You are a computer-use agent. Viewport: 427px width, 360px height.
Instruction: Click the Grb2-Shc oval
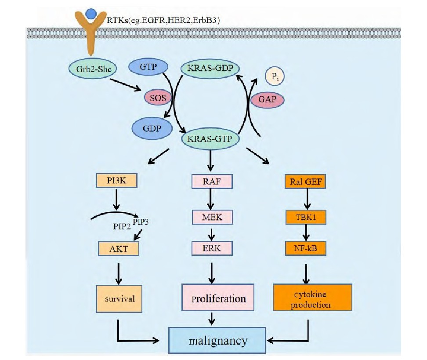(x=93, y=69)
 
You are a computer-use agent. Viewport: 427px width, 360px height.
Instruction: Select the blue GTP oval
(x=148, y=67)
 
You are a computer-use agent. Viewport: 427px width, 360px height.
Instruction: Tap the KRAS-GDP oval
(x=210, y=68)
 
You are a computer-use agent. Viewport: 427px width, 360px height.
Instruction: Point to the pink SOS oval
(x=158, y=98)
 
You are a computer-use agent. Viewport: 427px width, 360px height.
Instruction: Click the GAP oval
(x=267, y=99)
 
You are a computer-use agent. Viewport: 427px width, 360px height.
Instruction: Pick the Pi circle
(x=275, y=76)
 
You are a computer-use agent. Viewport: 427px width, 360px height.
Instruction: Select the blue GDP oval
(x=152, y=128)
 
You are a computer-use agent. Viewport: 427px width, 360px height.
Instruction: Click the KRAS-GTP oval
(x=210, y=139)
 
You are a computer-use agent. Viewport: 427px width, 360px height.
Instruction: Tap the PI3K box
(x=116, y=180)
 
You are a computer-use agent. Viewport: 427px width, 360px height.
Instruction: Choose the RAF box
(x=212, y=182)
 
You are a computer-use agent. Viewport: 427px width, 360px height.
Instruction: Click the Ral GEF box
(x=305, y=182)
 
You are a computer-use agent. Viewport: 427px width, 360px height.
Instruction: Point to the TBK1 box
(x=306, y=217)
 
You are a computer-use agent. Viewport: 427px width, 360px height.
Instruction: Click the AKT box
(x=119, y=249)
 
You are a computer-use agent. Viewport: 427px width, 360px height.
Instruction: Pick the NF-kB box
(x=306, y=248)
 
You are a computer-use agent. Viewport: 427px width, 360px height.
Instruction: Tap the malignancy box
(x=217, y=340)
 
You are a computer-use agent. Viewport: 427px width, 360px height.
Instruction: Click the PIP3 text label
(x=141, y=222)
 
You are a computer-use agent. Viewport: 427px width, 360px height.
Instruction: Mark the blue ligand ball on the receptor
(x=90, y=14)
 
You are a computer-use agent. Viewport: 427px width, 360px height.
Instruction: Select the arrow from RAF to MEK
(x=210, y=199)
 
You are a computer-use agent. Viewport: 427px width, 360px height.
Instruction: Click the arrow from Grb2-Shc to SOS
(x=125, y=85)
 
